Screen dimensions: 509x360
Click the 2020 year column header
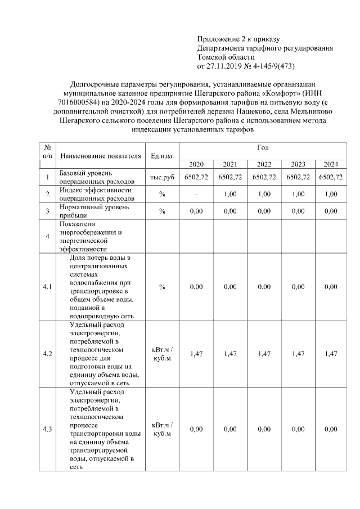(x=196, y=164)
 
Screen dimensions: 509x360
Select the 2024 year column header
(x=331, y=164)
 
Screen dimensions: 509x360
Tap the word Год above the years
(x=263, y=147)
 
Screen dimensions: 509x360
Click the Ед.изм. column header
(x=162, y=156)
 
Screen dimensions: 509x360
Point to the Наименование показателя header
(x=100, y=156)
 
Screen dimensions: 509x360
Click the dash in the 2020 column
(x=196, y=194)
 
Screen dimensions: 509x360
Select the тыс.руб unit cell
(x=162, y=177)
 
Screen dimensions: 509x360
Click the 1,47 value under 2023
(x=298, y=353)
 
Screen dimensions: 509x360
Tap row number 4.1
(x=47, y=287)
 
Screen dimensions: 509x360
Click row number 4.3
(x=47, y=429)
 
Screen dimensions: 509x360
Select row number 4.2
(x=47, y=353)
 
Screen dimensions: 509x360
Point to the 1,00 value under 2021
(x=229, y=194)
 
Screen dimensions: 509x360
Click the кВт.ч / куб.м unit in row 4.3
(x=162, y=429)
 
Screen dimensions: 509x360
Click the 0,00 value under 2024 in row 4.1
(x=331, y=287)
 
